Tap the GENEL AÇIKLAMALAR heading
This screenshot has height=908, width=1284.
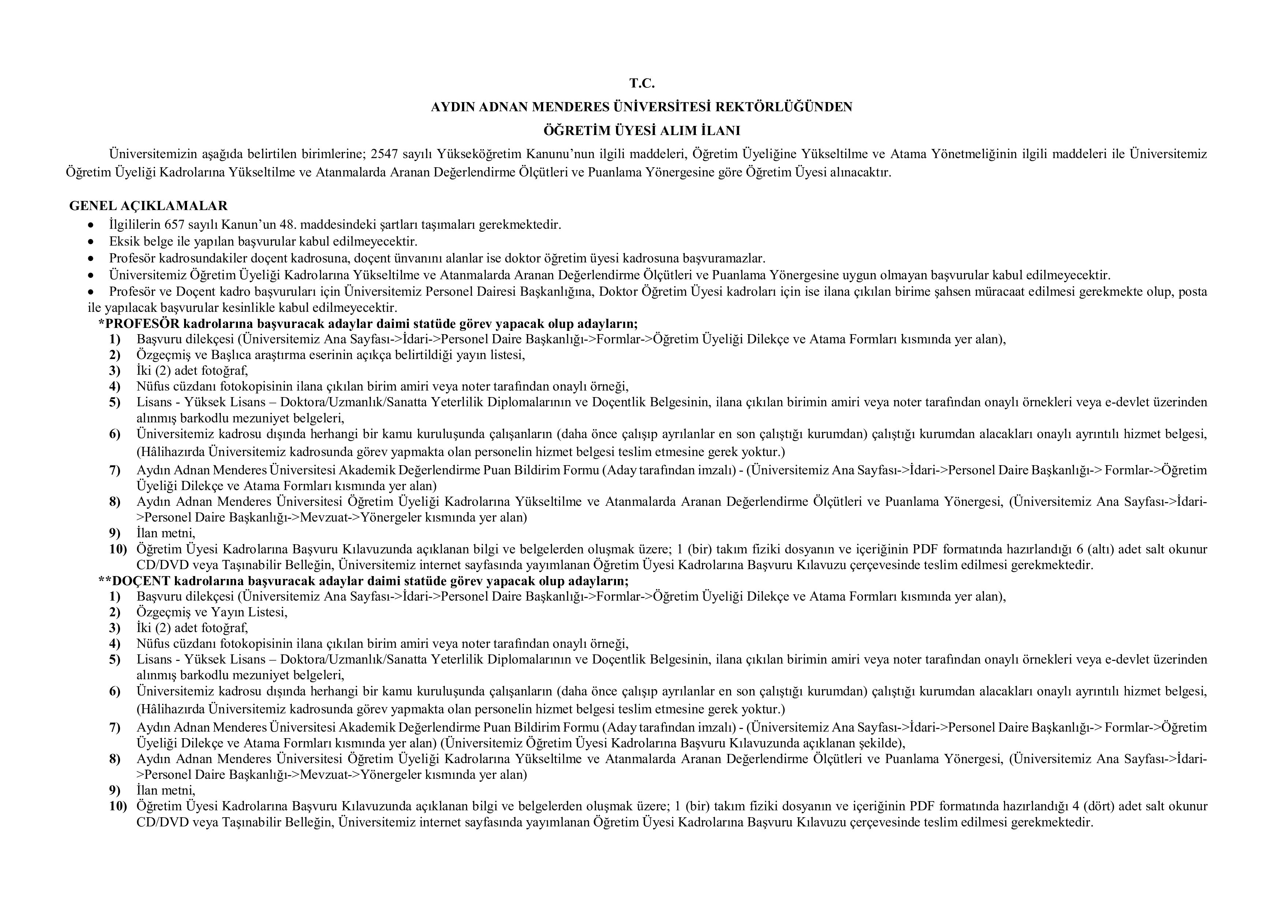pos(148,206)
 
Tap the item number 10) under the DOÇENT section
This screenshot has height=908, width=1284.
pos(118,806)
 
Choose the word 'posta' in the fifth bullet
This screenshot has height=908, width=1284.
pos(1192,291)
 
